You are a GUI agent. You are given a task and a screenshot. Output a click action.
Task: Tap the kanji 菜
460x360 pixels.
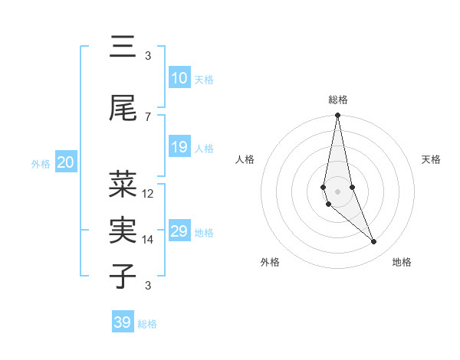pyautogui.click(x=123, y=185)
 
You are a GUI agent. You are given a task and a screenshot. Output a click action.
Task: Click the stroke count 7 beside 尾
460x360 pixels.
pyautogui.click(x=148, y=116)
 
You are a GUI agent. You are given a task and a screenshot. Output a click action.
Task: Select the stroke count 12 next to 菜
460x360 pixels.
pyautogui.click(x=148, y=193)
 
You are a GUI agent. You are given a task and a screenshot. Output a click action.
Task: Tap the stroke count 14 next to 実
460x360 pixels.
pyautogui.click(x=148, y=239)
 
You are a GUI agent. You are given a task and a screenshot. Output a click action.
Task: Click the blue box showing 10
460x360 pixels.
pyautogui.click(x=179, y=78)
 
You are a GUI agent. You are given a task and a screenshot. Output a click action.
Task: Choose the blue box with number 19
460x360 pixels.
pyautogui.click(x=179, y=147)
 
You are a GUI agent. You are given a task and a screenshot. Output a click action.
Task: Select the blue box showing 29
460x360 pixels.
pyautogui.click(x=179, y=231)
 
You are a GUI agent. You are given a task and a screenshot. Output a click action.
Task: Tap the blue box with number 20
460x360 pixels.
pyautogui.click(x=65, y=162)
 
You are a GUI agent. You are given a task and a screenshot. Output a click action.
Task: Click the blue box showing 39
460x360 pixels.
pyautogui.click(x=122, y=322)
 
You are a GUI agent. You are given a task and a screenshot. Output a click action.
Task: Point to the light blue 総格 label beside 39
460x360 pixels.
pyautogui.click(x=147, y=324)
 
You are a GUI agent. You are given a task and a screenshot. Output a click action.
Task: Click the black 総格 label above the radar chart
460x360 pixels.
pyautogui.click(x=338, y=100)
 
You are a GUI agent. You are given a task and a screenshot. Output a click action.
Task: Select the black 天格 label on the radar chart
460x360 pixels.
pyautogui.click(x=432, y=159)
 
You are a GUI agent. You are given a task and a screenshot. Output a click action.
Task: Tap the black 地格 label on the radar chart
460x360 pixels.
pyautogui.click(x=402, y=262)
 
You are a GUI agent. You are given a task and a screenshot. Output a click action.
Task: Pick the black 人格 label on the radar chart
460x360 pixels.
pyautogui.click(x=245, y=159)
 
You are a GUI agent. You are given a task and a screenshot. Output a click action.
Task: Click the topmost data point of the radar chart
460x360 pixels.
pyautogui.click(x=337, y=116)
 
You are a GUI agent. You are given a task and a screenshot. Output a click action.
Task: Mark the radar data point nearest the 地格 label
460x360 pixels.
pyautogui.click(x=374, y=242)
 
